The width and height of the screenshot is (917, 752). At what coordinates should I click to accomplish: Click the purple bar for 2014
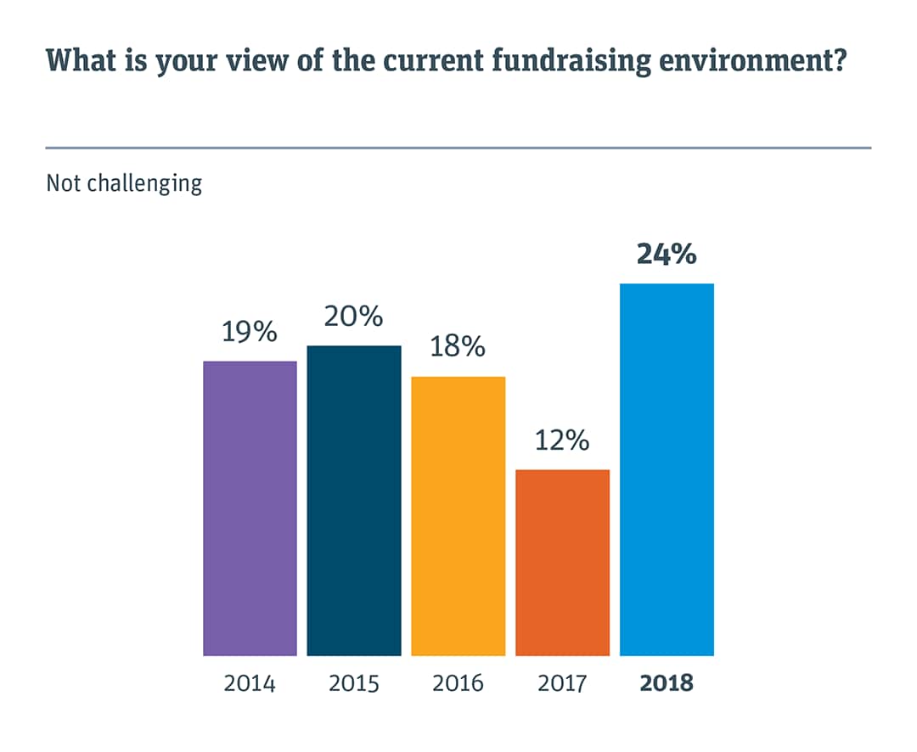pos(250,508)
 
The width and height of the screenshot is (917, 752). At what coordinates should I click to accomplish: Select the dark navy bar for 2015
pos(354,501)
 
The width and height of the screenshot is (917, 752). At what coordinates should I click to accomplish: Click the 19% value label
pos(250,332)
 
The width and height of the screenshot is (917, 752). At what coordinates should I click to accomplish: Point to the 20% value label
pos(354,317)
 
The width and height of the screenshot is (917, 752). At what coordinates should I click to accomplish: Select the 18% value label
pos(458,347)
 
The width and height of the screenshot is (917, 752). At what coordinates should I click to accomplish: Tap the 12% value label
pos(562,441)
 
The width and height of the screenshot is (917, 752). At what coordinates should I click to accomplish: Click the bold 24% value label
pos(667,254)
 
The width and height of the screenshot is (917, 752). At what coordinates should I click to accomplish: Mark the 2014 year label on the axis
pos(250,683)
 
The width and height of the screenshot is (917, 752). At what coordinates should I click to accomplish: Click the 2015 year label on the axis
pos(354,683)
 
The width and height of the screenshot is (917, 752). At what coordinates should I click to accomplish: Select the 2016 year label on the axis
pos(458,683)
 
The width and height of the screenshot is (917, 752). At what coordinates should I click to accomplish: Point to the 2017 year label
pos(562,683)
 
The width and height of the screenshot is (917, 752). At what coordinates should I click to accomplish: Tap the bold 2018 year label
pos(667,683)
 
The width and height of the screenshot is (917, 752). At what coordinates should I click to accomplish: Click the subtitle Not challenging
pos(124,183)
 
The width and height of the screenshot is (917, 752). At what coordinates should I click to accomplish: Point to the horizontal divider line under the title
pos(458,148)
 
